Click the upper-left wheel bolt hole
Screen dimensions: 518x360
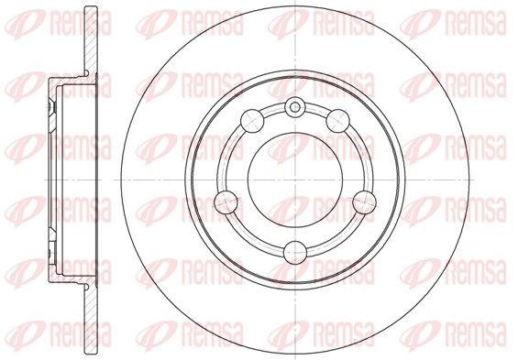252,121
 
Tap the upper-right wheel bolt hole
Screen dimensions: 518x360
338,121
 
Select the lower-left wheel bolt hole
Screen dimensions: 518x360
226,202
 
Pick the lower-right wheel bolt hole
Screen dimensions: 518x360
364,202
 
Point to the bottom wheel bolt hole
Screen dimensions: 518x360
295,253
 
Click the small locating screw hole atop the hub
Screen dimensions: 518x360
295,106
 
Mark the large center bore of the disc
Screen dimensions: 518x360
295,180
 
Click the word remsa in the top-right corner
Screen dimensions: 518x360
476,22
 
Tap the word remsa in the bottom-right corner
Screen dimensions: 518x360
476,334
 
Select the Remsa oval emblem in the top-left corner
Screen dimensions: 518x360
25,23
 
